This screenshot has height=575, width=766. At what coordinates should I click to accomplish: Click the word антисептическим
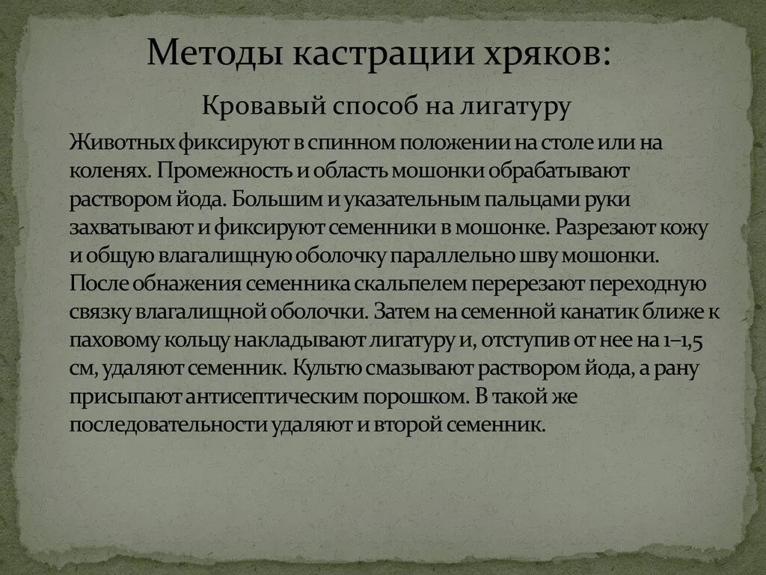pos(254,397)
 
